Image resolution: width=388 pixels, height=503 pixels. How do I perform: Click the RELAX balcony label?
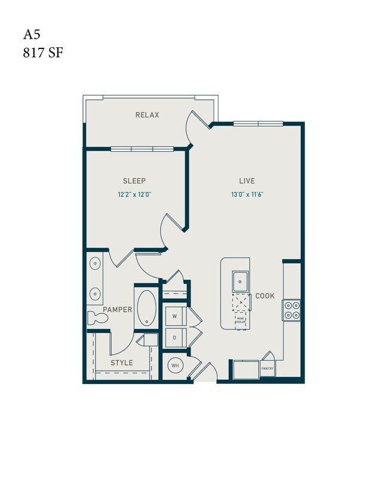[x=147, y=115]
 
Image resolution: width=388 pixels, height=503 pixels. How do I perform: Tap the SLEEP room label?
[x=134, y=181]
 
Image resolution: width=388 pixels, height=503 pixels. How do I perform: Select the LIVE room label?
[x=247, y=181]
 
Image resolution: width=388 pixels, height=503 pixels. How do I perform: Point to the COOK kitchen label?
[x=264, y=295]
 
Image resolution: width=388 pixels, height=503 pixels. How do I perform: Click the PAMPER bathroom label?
[x=118, y=309]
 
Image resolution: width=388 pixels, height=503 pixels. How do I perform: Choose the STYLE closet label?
[x=122, y=362]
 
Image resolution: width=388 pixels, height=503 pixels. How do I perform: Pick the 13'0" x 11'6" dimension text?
[x=247, y=194]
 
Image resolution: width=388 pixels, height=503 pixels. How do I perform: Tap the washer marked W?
[x=175, y=315]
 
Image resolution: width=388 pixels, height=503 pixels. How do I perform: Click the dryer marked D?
[x=175, y=337]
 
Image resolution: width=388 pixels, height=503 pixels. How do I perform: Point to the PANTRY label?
[x=267, y=368]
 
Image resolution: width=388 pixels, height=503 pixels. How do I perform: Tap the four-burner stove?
[x=292, y=309]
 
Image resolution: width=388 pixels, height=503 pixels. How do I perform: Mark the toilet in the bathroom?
[x=97, y=318]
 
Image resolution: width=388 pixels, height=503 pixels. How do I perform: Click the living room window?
[x=258, y=124]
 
